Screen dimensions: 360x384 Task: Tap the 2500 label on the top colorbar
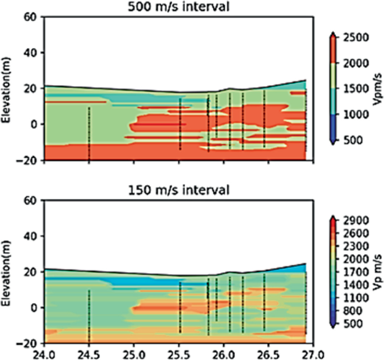click(x=357, y=38)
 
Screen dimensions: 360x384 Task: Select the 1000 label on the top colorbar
click(x=357, y=114)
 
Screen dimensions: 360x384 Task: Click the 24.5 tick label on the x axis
click(x=89, y=354)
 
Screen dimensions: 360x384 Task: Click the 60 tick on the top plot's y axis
click(x=31, y=17)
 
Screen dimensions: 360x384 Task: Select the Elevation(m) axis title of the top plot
click(x=7, y=88)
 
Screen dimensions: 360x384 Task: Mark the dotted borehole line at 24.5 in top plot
click(x=89, y=134)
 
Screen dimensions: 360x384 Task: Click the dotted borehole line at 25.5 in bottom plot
click(x=179, y=308)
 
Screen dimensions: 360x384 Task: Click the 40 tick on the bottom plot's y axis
click(x=31, y=236)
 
